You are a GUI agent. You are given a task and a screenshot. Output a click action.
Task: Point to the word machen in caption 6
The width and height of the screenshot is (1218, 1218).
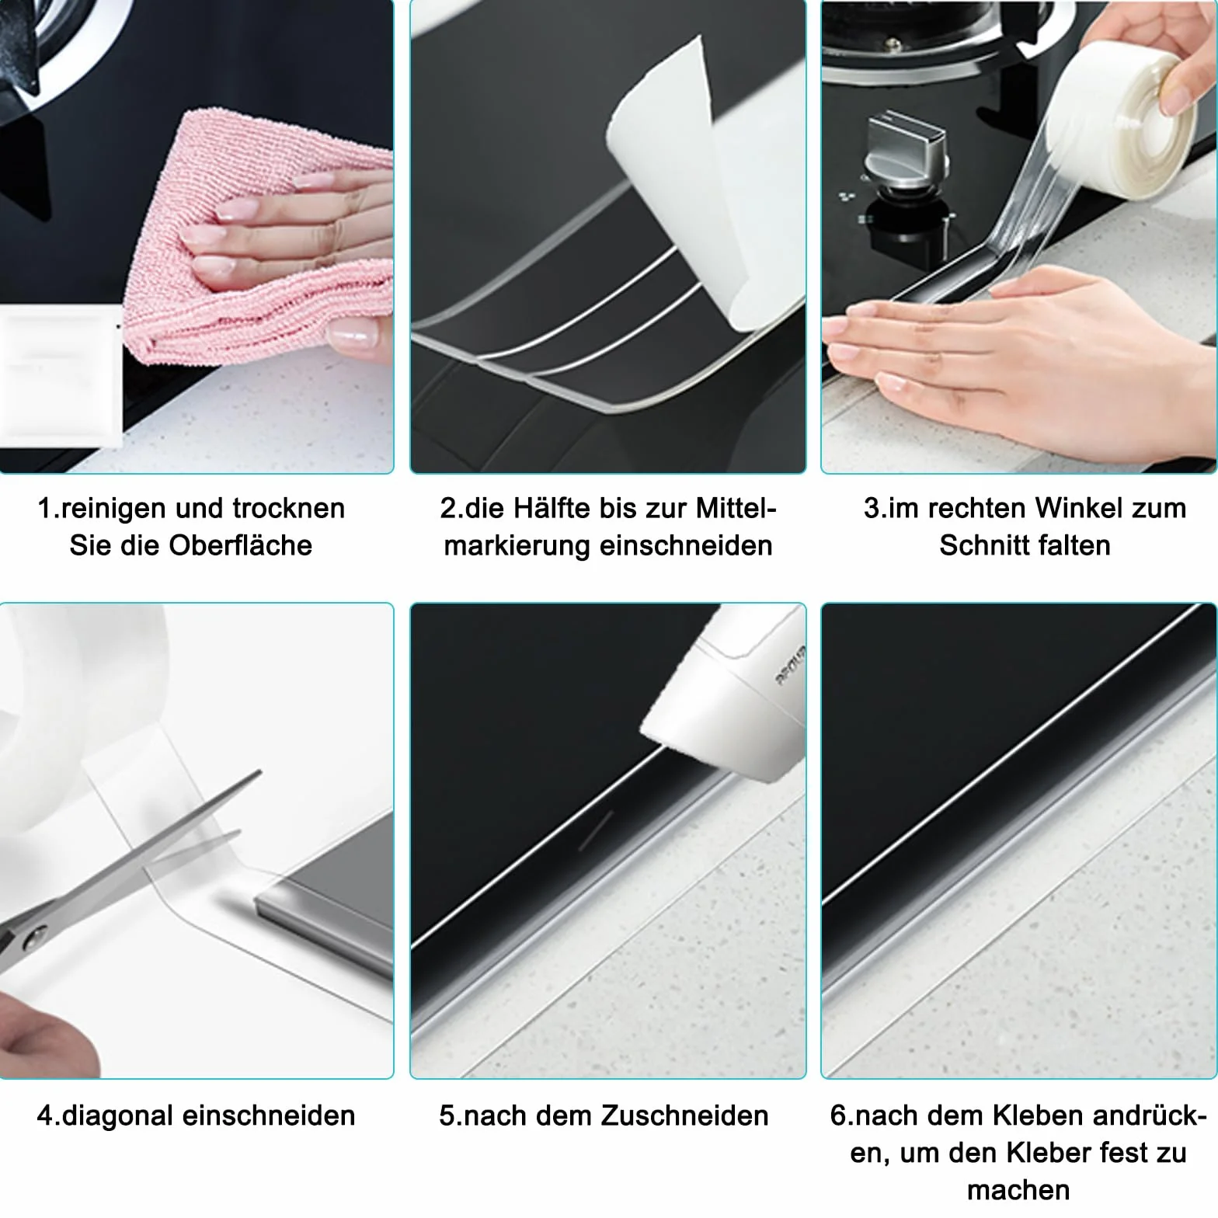pyautogui.click(x=1018, y=1190)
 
